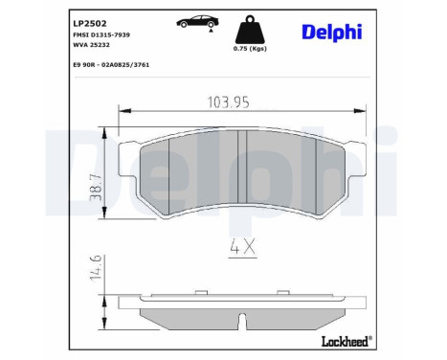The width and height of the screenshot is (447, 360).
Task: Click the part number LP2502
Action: [90, 24]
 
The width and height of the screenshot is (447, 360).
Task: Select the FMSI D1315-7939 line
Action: [101, 34]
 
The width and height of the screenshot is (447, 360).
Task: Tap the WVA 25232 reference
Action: [91, 45]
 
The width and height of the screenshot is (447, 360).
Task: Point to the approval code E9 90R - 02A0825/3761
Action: [111, 65]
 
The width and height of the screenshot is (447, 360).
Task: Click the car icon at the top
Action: [197, 22]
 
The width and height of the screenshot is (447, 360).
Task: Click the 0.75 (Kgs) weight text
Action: [250, 49]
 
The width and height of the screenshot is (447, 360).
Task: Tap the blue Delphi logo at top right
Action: [332, 33]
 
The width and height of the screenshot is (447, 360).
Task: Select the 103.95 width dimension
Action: [229, 102]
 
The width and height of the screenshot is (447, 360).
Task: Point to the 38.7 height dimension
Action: [96, 188]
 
